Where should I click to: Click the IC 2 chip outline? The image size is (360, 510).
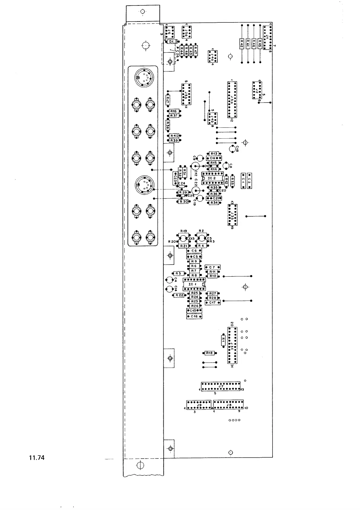coord(212,179)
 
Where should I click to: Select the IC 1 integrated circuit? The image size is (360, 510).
coord(194,285)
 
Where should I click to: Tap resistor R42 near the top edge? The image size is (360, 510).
coord(242,44)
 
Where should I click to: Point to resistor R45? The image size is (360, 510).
coord(260,44)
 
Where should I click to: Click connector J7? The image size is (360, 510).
coord(221,387)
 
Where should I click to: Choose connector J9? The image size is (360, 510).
coord(199,405)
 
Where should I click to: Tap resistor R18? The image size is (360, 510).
coord(209,353)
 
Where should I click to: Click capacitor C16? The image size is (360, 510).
coord(194,316)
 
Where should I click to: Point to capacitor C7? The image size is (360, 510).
coord(212,267)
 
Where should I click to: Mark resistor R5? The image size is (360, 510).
coord(178,274)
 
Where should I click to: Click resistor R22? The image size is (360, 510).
coord(179,295)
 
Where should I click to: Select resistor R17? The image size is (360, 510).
coord(167,100)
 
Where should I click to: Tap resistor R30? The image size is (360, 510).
coord(183,202)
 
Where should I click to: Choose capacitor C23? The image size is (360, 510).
coord(175,179)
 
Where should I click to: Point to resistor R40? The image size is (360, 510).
coord(174,136)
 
